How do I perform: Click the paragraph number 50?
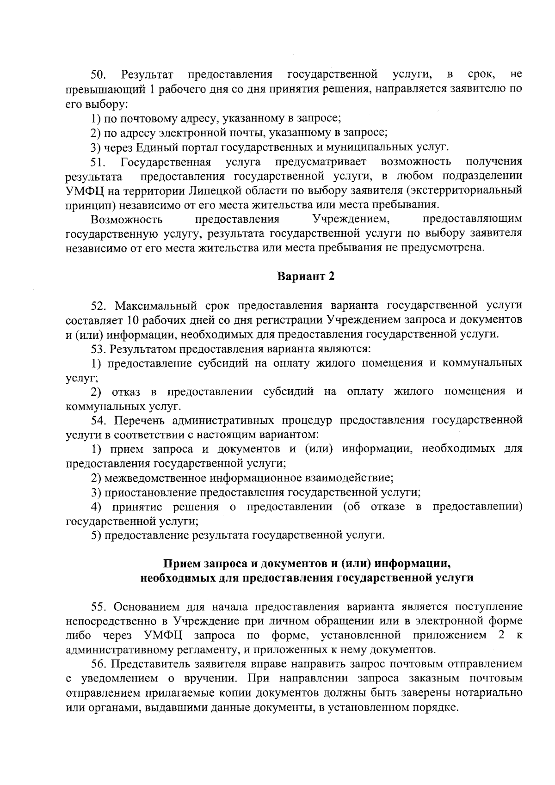click(x=98, y=74)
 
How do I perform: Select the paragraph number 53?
click(x=98, y=348)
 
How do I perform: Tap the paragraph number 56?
click(x=98, y=664)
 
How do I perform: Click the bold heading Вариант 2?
click(x=306, y=276)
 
